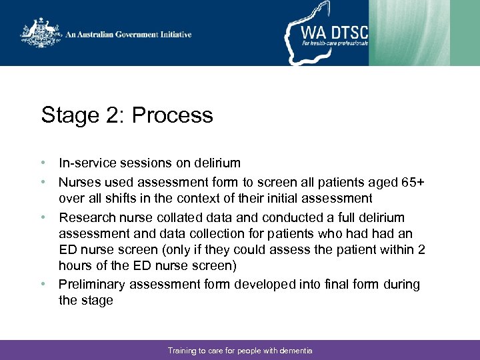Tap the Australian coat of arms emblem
pyautogui.click(x=41, y=34)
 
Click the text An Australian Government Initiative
pyautogui.click(x=128, y=35)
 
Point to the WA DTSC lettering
pyautogui.click(x=333, y=32)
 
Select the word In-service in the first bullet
pyautogui.click(x=85, y=163)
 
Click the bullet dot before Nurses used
pyautogui.click(x=43, y=182)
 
